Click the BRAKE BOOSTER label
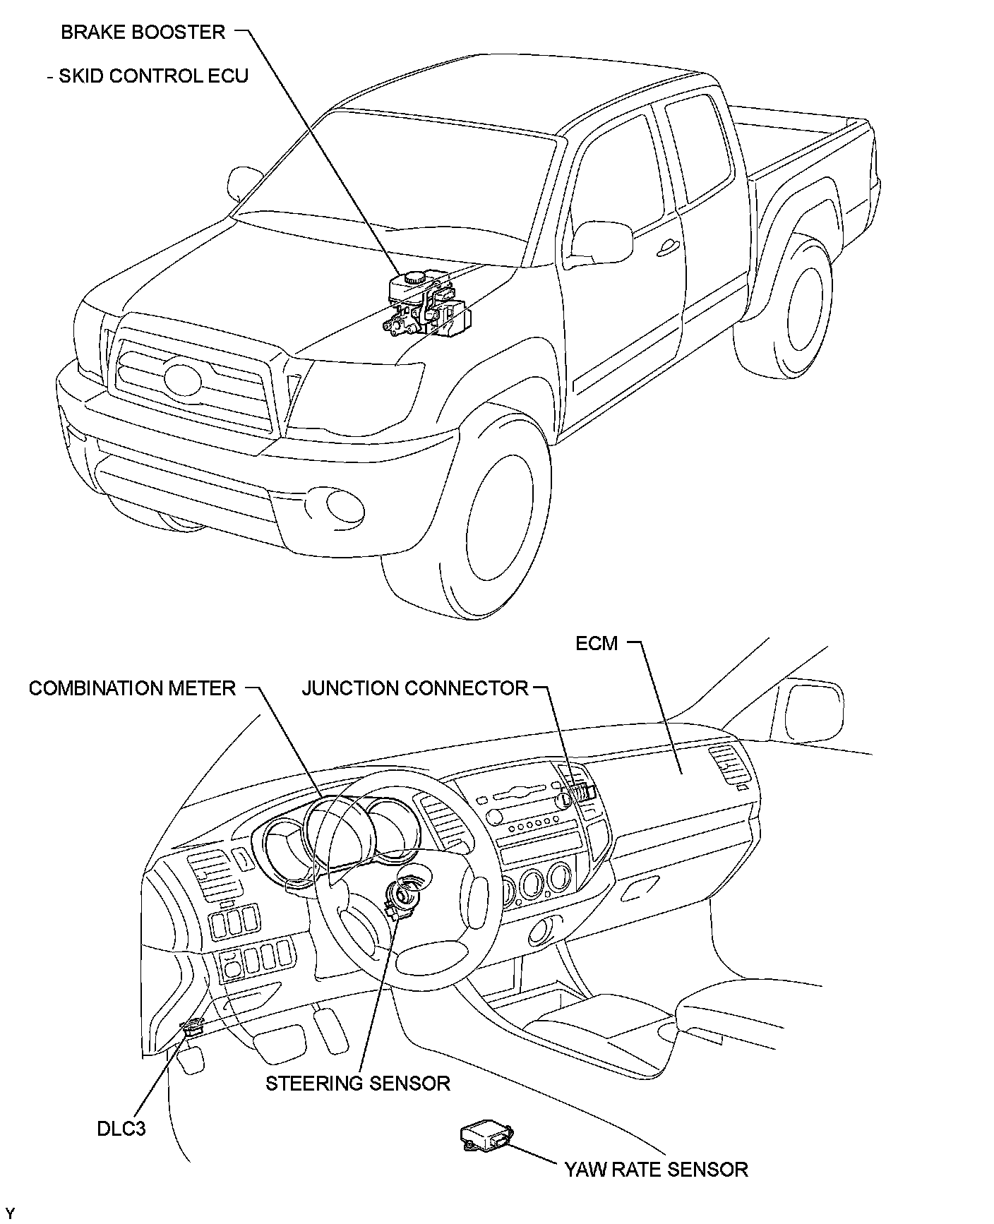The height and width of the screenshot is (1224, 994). pos(143,32)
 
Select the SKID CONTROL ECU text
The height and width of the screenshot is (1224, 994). pos(153,76)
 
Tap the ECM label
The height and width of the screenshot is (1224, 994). pos(597,644)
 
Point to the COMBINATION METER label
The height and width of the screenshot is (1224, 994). pos(132,688)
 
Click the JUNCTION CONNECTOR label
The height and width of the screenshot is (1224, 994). pos(414,688)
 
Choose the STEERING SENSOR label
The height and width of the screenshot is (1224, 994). pos(357,1084)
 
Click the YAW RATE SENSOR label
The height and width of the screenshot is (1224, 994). pos(655,1170)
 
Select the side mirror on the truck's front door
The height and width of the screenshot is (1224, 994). pos(601,240)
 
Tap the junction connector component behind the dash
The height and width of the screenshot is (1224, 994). pos(582,791)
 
